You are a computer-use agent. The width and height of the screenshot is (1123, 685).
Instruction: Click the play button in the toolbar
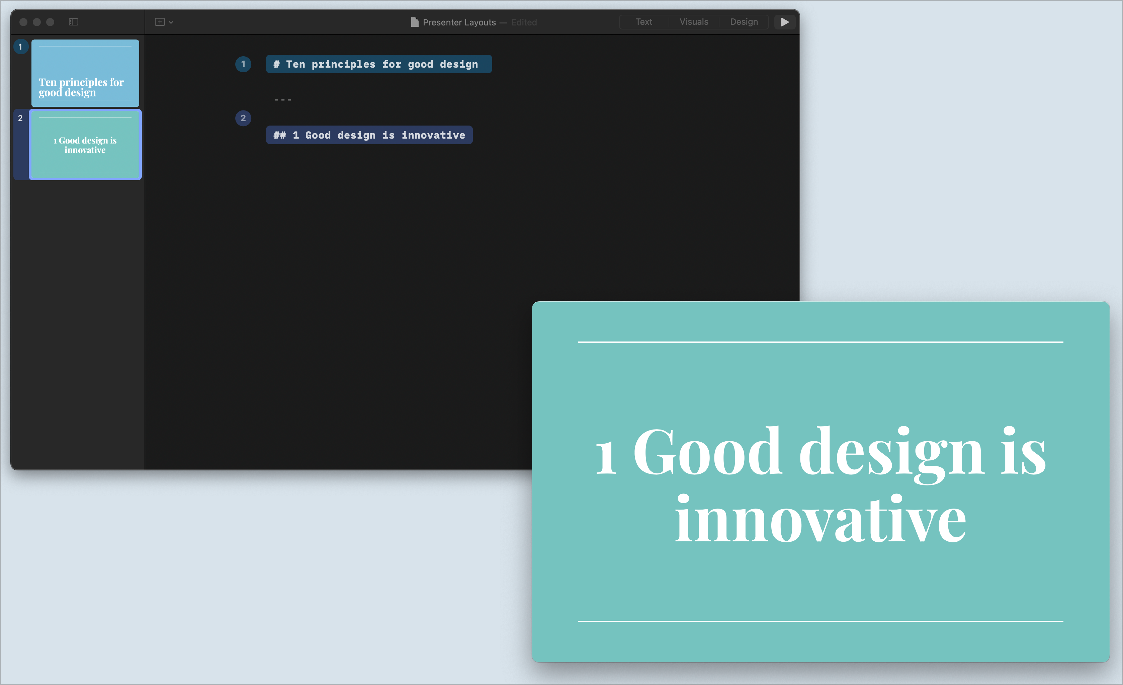pyautogui.click(x=784, y=22)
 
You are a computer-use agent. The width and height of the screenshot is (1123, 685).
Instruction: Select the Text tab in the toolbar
pyautogui.click(x=643, y=22)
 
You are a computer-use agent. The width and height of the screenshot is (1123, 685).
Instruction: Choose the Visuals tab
pyautogui.click(x=694, y=22)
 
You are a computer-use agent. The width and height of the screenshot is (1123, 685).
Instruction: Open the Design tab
pyautogui.click(x=744, y=22)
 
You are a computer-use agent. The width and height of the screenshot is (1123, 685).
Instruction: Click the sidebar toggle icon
pyautogui.click(x=73, y=22)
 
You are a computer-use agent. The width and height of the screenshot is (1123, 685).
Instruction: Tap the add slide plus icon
pyautogui.click(x=160, y=22)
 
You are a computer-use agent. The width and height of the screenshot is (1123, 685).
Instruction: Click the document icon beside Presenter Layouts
pyautogui.click(x=414, y=22)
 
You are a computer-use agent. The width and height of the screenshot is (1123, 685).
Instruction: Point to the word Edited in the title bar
pyautogui.click(x=524, y=22)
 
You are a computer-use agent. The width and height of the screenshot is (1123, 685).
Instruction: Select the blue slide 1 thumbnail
pyautogui.click(x=85, y=73)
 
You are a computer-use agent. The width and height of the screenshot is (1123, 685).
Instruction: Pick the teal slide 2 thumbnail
pyautogui.click(x=85, y=145)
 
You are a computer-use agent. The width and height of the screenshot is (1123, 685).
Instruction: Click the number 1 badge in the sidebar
pyautogui.click(x=20, y=47)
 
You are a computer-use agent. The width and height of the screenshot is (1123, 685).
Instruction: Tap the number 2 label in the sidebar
pyautogui.click(x=20, y=118)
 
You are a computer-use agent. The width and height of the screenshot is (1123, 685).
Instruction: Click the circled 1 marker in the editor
pyautogui.click(x=243, y=64)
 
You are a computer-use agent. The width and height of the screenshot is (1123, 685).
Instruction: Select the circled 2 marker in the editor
pyautogui.click(x=243, y=118)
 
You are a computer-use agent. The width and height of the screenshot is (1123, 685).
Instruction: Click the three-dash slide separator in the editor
pyautogui.click(x=282, y=100)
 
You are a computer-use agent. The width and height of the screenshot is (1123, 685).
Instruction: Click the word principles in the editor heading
pyautogui.click(x=343, y=64)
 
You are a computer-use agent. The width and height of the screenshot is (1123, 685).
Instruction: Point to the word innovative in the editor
pyautogui.click(x=433, y=135)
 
